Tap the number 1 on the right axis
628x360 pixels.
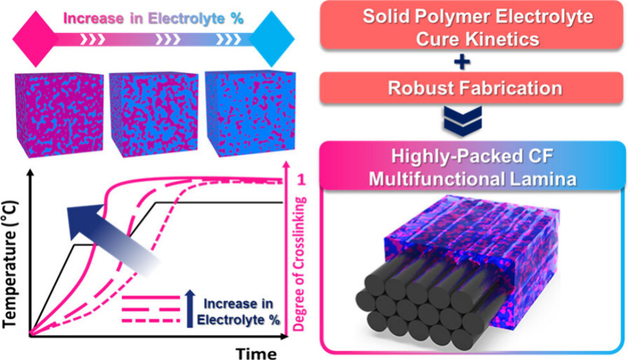[297, 181]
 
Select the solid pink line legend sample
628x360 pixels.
[149, 298]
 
